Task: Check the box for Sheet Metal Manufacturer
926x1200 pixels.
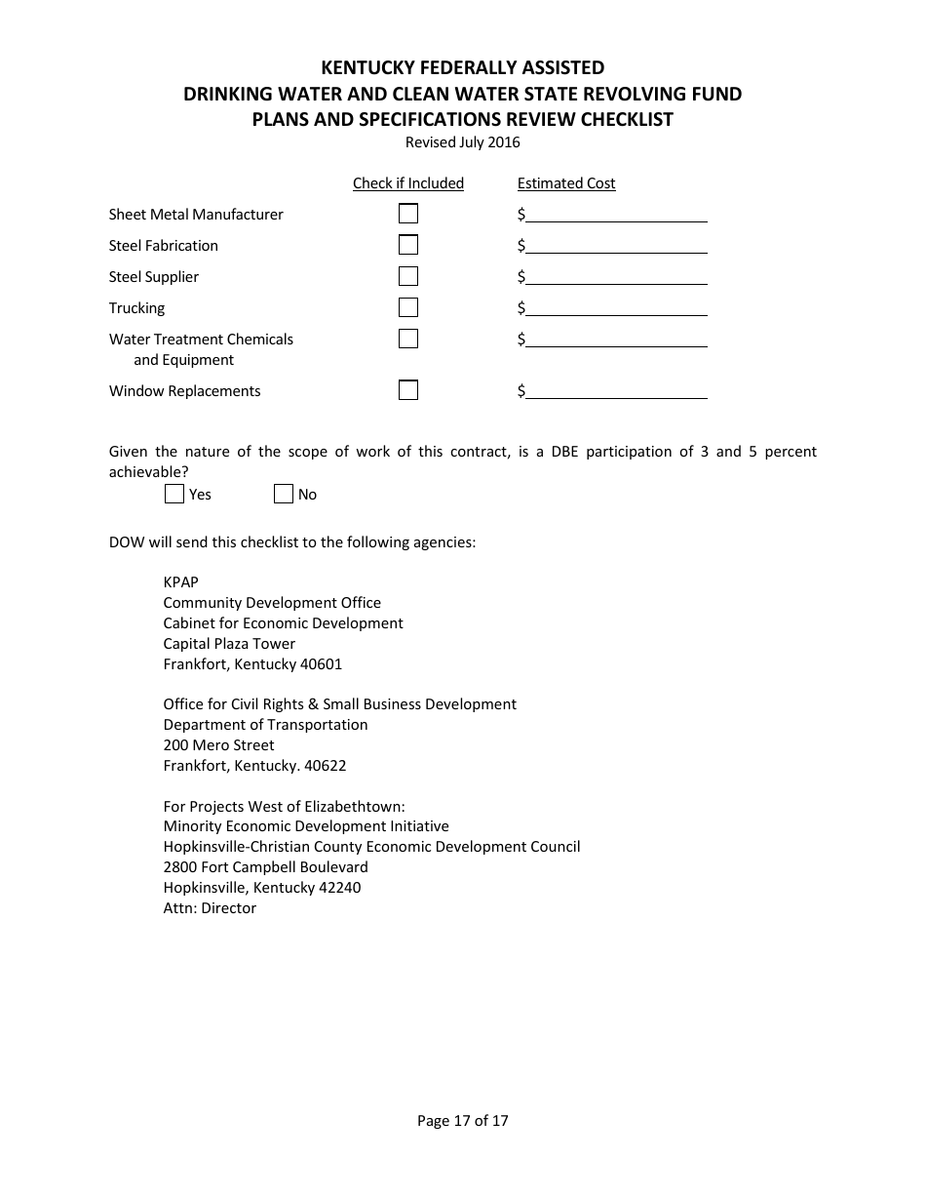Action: pyautogui.click(x=408, y=214)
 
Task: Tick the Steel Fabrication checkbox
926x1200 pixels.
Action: pyautogui.click(x=408, y=245)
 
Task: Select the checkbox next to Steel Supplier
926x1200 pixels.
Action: pyautogui.click(x=408, y=276)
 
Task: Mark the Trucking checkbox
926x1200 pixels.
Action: pyautogui.click(x=408, y=307)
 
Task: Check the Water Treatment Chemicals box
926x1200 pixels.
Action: pyautogui.click(x=408, y=339)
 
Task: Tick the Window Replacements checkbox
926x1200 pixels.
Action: pyautogui.click(x=408, y=390)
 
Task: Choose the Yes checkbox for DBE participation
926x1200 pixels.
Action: pyautogui.click(x=174, y=494)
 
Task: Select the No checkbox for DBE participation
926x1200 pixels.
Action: pyautogui.click(x=284, y=494)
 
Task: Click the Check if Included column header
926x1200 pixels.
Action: pyautogui.click(x=408, y=183)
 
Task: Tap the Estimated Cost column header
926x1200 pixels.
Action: pyautogui.click(x=566, y=183)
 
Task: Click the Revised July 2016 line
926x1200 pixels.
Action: pyautogui.click(x=463, y=142)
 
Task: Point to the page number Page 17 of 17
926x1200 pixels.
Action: pyautogui.click(x=463, y=1121)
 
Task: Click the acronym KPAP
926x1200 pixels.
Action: pyautogui.click(x=181, y=582)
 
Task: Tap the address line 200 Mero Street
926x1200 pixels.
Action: pyautogui.click(x=219, y=745)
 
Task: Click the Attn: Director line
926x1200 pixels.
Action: pyautogui.click(x=210, y=908)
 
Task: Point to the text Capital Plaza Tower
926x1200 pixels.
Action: pyautogui.click(x=229, y=644)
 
